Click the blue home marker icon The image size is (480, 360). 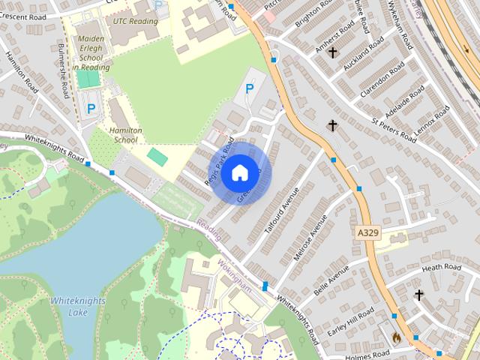[x=239, y=173]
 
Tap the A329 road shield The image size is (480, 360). [x=367, y=234]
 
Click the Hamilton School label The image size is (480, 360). [x=124, y=134]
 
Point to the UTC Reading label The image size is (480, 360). [x=135, y=21]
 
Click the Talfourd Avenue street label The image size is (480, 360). [x=281, y=213]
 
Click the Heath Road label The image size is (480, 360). [x=441, y=268]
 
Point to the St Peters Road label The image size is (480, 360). [x=394, y=127]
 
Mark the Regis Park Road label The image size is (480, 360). [x=219, y=161]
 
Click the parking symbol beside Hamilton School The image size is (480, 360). [x=91, y=109]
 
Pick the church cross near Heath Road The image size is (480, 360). [x=418, y=295]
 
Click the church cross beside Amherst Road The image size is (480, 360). [x=332, y=53]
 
